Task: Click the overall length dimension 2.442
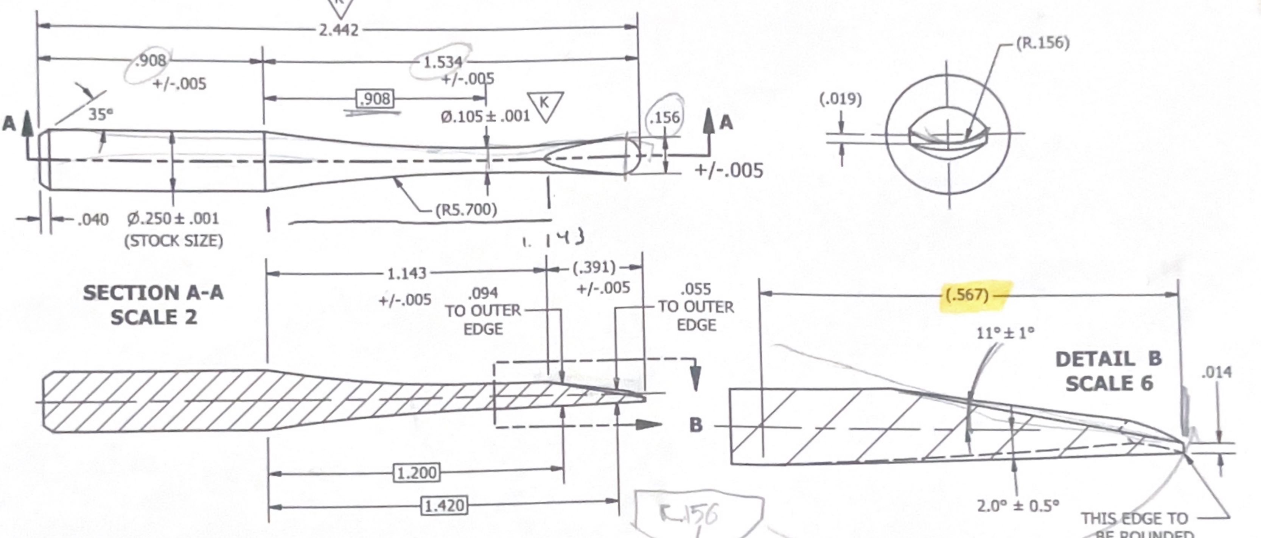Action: click(339, 30)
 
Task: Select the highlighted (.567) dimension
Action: click(967, 295)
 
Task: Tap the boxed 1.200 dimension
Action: click(417, 473)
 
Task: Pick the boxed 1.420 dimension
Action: click(444, 505)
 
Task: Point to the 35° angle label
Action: click(100, 115)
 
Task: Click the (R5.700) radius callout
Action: click(466, 210)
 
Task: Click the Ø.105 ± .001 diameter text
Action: click(485, 117)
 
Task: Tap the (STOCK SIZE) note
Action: click(173, 241)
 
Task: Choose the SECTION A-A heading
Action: click(153, 293)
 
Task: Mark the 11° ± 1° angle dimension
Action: click(1005, 333)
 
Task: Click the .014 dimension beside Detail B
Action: click(1216, 373)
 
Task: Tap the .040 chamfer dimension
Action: click(93, 219)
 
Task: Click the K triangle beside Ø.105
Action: click(545, 105)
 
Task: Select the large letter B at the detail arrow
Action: click(696, 424)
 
